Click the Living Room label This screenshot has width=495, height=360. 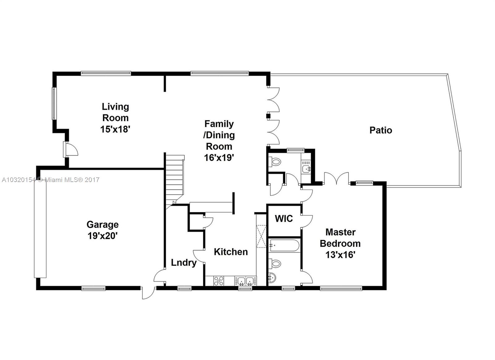click(115, 112)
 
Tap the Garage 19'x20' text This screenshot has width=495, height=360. click(102, 230)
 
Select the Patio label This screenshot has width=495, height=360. click(381, 130)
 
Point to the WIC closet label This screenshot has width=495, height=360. click(284, 219)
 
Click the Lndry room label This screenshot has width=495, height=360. click(184, 263)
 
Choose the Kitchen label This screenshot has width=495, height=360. click(231, 252)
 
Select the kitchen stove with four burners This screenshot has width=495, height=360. click(218, 281)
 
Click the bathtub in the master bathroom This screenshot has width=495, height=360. click(284, 245)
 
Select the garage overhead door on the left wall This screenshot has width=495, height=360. click(40, 230)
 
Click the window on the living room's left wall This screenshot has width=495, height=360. click(54, 104)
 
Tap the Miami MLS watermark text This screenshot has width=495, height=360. click(51, 180)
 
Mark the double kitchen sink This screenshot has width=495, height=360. click(246, 281)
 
